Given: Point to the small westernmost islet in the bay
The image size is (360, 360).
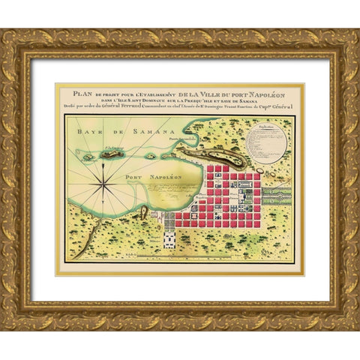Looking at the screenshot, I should (x=85, y=158).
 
